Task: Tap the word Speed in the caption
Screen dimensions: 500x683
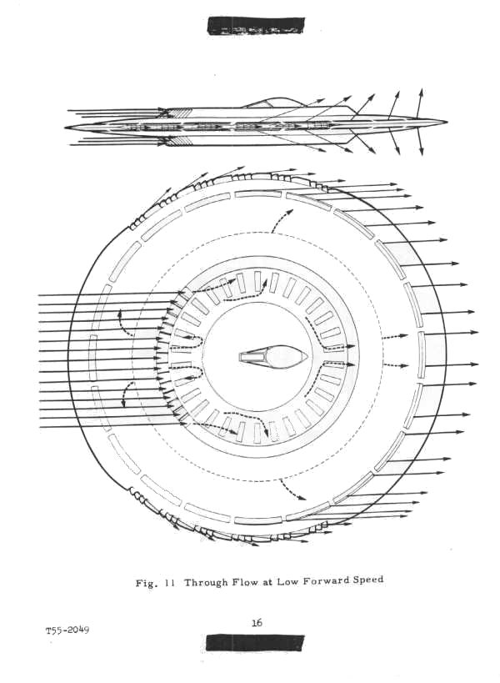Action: pos(368,580)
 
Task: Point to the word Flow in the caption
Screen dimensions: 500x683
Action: pos(243,582)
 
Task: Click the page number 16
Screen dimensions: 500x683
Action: pos(257,622)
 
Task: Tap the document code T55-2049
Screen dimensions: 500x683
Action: pos(67,630)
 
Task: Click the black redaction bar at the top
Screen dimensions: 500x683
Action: pos(257,26)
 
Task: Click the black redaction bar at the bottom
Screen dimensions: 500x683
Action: pos(255,643)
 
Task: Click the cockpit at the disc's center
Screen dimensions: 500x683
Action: pos(273,357)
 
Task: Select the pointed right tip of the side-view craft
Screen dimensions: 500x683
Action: pos(447,122)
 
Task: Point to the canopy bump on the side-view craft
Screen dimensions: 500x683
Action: pos(271,102)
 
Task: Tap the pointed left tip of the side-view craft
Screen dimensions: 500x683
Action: pos(65,128)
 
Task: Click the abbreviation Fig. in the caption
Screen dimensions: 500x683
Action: pos(145,584)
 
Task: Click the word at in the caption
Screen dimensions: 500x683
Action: pos(267,582)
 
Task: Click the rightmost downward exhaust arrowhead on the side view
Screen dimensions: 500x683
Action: pos(421,151)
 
